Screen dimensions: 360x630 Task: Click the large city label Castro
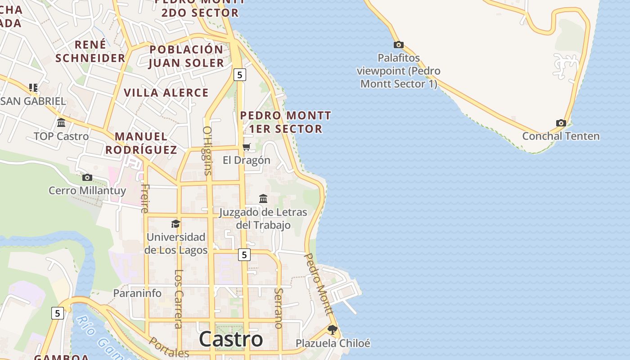231,339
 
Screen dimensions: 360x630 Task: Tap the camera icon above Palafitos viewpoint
398,45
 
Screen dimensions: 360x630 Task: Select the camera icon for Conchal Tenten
561,123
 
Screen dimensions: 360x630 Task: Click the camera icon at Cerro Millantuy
87,177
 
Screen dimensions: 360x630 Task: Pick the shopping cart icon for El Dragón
246,147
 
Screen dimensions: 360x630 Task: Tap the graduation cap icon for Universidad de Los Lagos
175,224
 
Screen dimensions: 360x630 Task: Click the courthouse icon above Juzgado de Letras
263,198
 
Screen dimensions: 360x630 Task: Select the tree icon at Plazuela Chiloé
333,330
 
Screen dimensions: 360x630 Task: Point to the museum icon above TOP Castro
61,122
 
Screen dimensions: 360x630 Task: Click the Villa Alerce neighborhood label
166,93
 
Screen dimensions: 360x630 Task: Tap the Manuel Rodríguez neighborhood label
141,143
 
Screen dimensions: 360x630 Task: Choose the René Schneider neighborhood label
90,51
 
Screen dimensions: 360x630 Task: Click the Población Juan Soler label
186,56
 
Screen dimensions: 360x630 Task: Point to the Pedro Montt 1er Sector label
286,122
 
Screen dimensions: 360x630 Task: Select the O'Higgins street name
207,150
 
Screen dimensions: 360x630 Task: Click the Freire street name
144,198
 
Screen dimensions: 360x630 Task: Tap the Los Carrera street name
179,299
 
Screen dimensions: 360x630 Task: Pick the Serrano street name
278,308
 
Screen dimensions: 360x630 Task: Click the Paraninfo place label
137,293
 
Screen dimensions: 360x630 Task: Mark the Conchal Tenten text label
561,136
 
